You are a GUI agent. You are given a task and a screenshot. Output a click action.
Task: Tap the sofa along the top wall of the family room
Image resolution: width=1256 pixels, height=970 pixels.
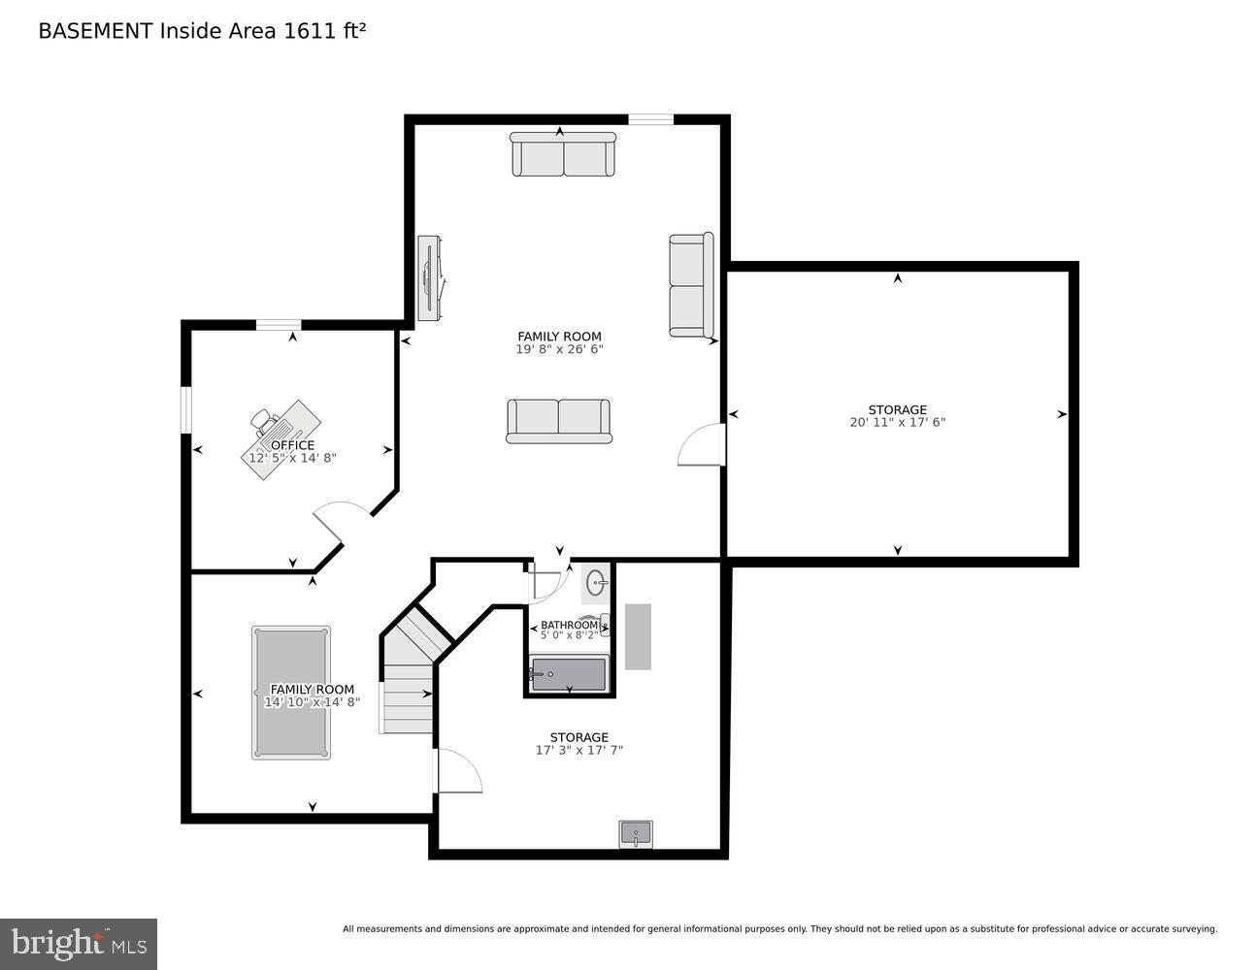point(563,155)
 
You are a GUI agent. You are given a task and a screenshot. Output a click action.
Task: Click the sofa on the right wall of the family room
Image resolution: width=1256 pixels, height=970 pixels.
point(691,285)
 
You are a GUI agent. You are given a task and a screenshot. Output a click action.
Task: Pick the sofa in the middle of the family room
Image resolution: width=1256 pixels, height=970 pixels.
point(559,420)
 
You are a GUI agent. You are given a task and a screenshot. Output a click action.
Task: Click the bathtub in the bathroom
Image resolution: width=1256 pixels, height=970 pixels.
point(569,674)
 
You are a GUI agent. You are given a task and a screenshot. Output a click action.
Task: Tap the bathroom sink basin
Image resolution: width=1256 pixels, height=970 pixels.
point(596,583)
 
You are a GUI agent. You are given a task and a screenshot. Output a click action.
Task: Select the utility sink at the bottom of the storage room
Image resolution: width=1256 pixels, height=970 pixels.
point(636,834)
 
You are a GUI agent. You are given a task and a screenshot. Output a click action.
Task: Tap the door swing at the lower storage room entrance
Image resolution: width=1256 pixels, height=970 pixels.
point(458,771)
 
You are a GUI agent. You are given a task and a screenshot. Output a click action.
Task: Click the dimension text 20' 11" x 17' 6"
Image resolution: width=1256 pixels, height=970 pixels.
point(897,422)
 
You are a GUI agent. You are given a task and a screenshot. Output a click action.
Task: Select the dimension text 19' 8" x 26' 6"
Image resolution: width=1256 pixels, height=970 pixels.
point(559,349)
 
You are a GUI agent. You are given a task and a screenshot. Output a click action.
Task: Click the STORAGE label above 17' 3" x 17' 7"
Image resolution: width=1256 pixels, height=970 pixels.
point(578,737)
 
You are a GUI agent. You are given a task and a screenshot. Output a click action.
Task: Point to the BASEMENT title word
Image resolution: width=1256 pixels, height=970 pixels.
point(95,31)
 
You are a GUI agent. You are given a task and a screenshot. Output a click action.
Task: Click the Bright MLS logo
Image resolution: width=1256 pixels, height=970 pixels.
point(79,943)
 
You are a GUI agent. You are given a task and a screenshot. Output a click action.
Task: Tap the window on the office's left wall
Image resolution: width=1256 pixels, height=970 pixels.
point(186,409)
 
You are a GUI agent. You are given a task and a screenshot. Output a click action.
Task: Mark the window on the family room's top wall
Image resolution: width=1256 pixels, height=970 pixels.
point(650,120)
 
